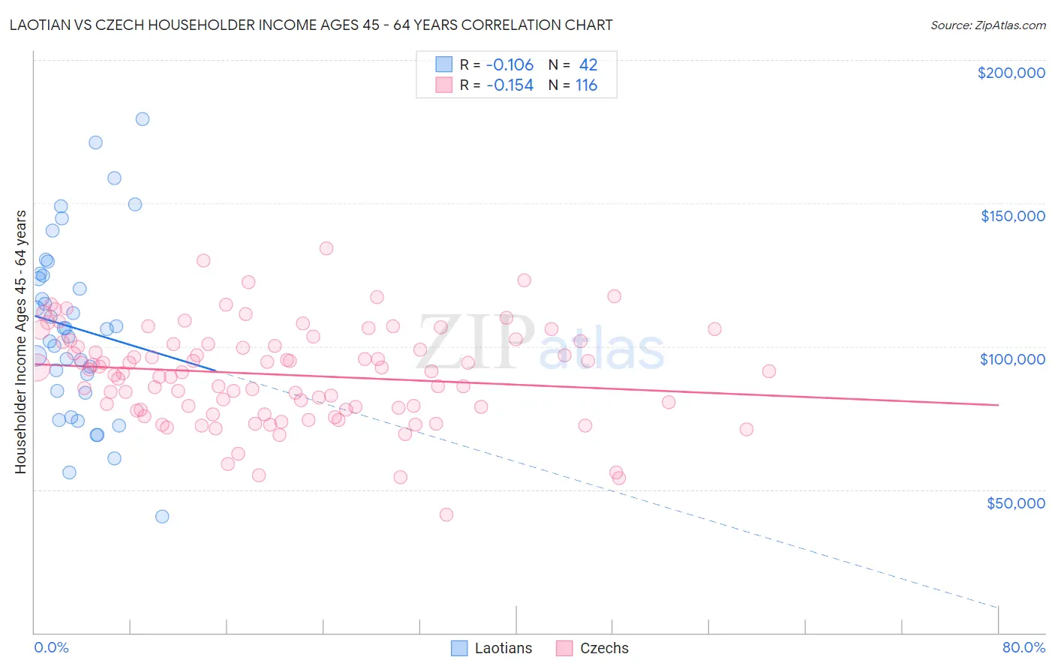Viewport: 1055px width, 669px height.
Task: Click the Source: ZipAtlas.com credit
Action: coord(987,25)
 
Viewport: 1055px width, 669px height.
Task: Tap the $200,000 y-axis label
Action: coord(1011,73)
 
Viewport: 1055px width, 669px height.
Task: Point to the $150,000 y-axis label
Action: coord(1012,216)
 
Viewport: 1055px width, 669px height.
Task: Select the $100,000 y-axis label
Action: coord(1012,359)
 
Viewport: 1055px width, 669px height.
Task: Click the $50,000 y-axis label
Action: coord(1015,502)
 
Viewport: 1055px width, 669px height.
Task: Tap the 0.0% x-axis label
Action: coord(51,647)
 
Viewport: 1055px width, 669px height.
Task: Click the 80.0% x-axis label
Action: coord(1023,647)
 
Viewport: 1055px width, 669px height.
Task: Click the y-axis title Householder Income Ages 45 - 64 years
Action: coord(21,342)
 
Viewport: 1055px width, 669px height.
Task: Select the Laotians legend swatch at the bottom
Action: coord(459,648)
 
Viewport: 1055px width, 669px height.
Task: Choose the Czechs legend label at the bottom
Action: coord(604,648)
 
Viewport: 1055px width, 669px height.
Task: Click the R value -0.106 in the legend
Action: coord(509,65)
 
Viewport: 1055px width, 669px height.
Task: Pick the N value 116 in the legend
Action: coord(586,85)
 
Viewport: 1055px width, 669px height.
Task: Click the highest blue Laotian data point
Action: coord(142,118)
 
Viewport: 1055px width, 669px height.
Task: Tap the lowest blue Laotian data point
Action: coord(161,516)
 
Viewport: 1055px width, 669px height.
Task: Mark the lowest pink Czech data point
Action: coord(446,514)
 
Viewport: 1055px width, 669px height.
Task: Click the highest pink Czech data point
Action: coord(326,248)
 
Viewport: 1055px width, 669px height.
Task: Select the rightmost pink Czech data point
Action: coord(768,371)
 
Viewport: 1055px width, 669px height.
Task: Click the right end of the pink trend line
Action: coord(998,405)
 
